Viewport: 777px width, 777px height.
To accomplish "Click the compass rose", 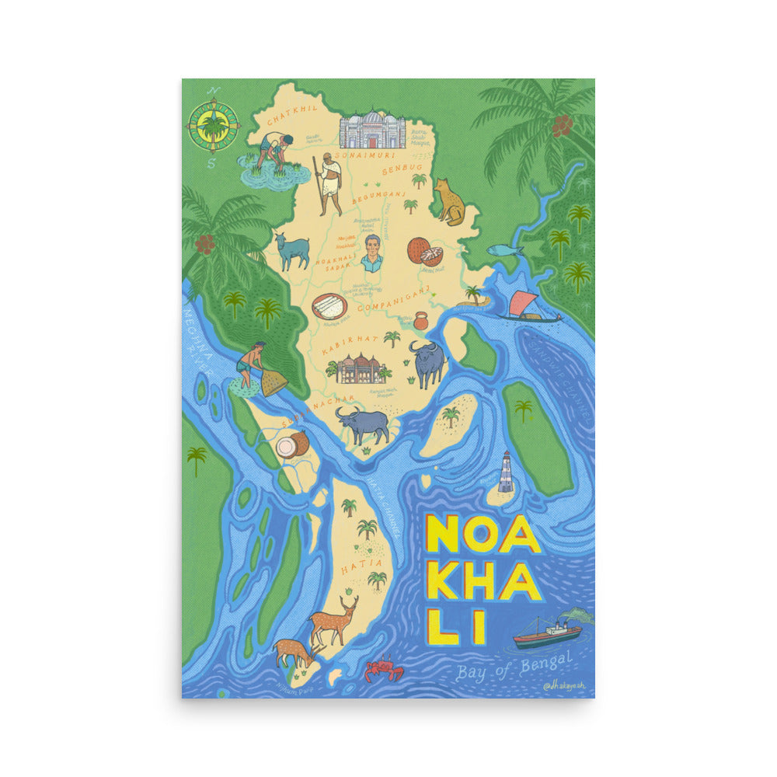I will point(213,126).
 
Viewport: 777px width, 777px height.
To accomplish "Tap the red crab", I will point(384,668).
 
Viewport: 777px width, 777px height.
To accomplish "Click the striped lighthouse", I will point(506,472).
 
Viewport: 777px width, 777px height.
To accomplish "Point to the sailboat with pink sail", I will point(528,305).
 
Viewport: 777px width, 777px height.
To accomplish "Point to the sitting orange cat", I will point(448,202).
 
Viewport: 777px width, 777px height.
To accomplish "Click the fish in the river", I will point(505,250).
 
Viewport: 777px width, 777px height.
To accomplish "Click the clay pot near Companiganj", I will point(420,320).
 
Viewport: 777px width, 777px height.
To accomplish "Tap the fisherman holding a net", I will point(253,366).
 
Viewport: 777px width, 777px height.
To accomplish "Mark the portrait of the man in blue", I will point(372,253).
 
